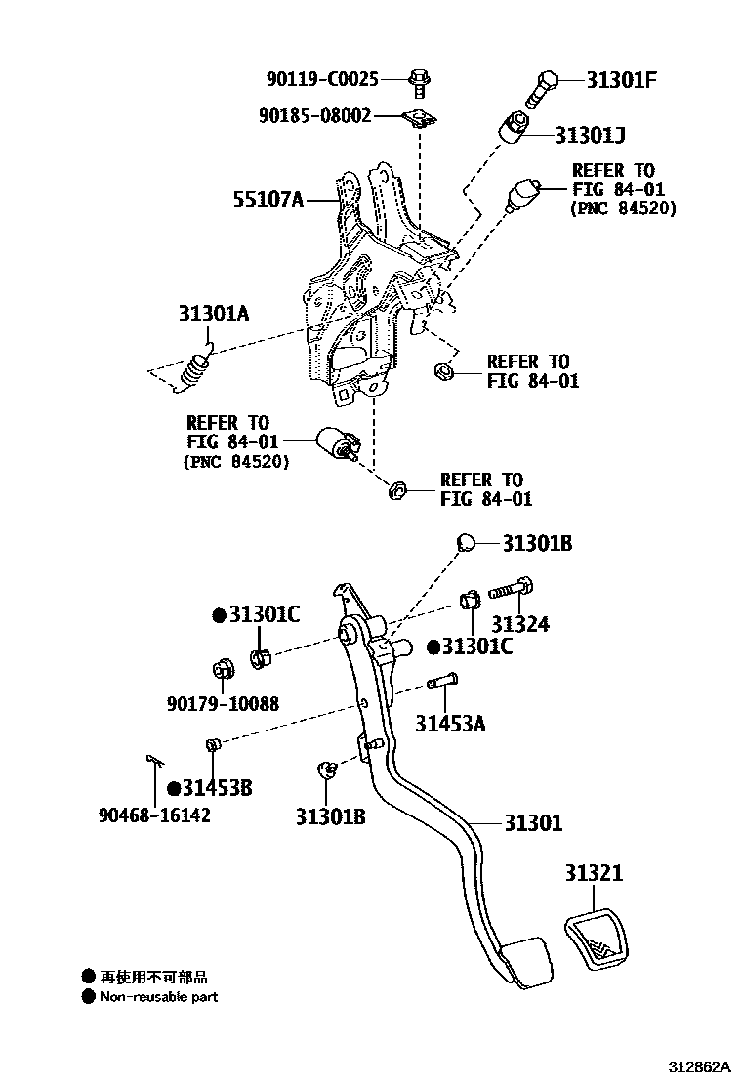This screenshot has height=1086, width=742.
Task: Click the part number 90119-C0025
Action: point(321,79)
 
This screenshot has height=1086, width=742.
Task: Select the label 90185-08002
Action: point(314,116)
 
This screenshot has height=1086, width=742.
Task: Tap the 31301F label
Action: point(620,79)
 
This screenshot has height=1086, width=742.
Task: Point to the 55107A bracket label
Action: point(268,200)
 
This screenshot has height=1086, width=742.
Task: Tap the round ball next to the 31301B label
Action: point(466,543)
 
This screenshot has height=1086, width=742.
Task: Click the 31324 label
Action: point(519,624)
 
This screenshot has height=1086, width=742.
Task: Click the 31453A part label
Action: point(450,724)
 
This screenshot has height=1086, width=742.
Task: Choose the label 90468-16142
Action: point(154,814)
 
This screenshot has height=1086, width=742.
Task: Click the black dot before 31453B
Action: point(173,788)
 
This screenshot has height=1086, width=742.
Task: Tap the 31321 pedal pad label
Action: point(593,873)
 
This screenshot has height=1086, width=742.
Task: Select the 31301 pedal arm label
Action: point(533,823)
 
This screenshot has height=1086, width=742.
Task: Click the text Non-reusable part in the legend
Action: point(158,997)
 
